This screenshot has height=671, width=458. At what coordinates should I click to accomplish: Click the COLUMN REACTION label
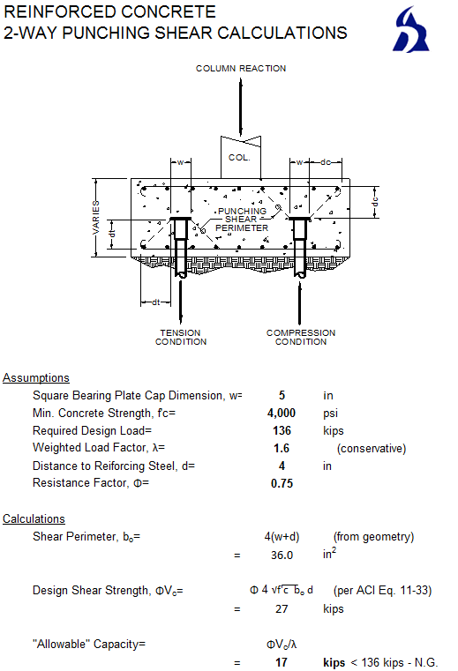(241, 68)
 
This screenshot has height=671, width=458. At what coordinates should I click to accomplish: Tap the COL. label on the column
(240, 158)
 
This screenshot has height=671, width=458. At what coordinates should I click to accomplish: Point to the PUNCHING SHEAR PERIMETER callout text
(242, 220)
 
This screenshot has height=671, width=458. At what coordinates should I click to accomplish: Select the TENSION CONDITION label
(181, 337)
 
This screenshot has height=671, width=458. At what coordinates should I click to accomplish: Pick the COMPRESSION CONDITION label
(301, 337)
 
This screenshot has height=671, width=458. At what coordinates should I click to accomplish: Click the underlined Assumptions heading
(36, 378)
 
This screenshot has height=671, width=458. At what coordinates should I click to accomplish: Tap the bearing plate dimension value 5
(282, 396)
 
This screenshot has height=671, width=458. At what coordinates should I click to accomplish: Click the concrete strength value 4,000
(282, 413)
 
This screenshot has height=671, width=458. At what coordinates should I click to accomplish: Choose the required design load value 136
(282, 430)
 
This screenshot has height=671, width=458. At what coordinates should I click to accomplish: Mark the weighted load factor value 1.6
(282, 448)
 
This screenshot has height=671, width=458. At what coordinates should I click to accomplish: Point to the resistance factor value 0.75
(282, 483)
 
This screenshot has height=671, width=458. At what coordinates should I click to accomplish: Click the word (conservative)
(371, 448)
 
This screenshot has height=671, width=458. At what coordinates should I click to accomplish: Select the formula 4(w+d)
(282, 536)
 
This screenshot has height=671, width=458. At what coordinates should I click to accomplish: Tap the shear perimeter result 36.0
(282, 555)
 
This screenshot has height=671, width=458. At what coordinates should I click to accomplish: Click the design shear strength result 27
(282, 609)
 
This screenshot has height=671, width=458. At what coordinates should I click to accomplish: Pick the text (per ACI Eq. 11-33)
(382, 590)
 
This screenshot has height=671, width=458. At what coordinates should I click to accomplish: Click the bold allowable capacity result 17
(282, 662)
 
